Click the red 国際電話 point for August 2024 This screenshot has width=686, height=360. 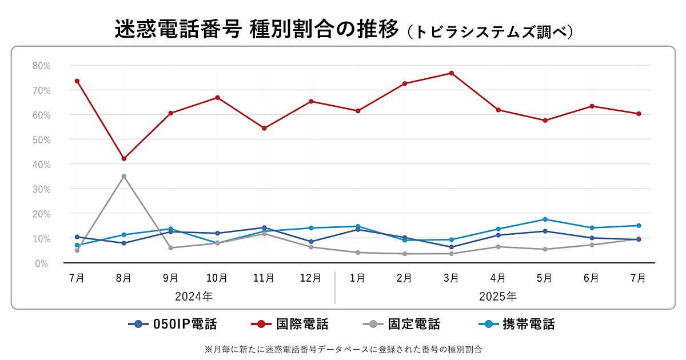[x=123, y=158]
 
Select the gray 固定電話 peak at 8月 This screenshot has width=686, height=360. [x=123, y=176]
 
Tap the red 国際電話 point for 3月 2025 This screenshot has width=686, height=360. [x=451, y=73]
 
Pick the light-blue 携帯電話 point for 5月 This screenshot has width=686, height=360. [x=545, y=219]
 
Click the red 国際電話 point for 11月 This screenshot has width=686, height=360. [x=264, y=128]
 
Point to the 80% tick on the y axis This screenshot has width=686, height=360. [x=42, y=66]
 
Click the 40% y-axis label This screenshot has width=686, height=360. [x=42, y=165]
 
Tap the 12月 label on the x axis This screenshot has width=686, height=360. [x=311, y=278]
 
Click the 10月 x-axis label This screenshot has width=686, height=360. [x=217, y=278]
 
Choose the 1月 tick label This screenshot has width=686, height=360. [x=358, y=278]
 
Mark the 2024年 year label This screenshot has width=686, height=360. [x=194, y=297]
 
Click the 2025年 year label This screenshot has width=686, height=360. [x=498, y=297]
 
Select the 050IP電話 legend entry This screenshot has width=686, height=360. [x=173, y=325]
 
